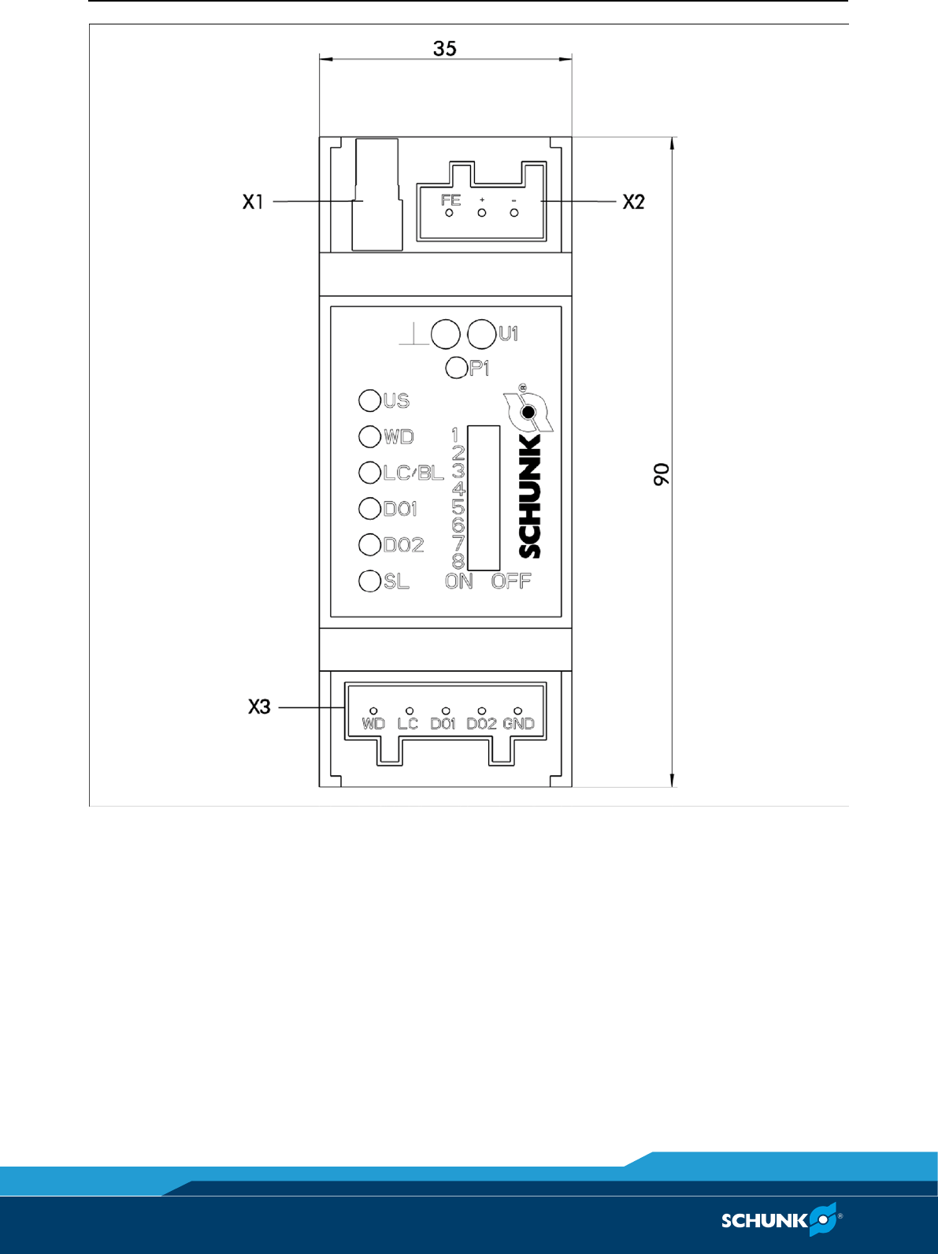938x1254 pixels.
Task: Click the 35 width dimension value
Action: point(444,49)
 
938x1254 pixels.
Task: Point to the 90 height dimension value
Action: point(662,473)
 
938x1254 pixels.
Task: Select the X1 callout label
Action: point(253,202)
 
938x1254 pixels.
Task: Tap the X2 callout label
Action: point(633,202)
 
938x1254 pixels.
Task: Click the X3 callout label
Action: point(259,707)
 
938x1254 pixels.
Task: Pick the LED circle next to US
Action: point(369,400)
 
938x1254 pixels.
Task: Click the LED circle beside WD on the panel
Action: point(369,436)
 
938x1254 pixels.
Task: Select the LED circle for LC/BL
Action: point(369,473)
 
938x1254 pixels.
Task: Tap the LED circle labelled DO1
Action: point(369,508)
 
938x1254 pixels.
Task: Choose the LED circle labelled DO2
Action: point(369,544)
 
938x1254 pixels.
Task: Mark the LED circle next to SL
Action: point(369,581)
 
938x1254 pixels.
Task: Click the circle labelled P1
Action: point(456,368)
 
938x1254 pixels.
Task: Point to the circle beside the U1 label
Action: point(481,334)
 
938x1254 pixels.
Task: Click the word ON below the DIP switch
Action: point(458,581)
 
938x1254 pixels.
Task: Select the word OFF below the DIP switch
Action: point(511,581)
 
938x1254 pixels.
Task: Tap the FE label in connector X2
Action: point(450,200)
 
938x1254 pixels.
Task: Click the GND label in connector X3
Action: point(518,723)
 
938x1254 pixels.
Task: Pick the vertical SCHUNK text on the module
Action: point(530,496)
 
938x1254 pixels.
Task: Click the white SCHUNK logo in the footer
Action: point(780,1220)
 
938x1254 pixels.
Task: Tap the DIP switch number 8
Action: point(458,561)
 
